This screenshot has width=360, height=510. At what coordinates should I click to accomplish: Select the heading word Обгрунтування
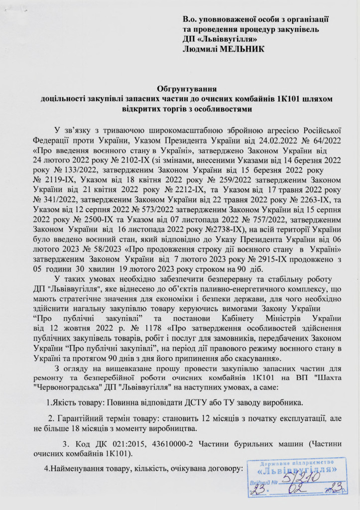[x=180, y=89]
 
